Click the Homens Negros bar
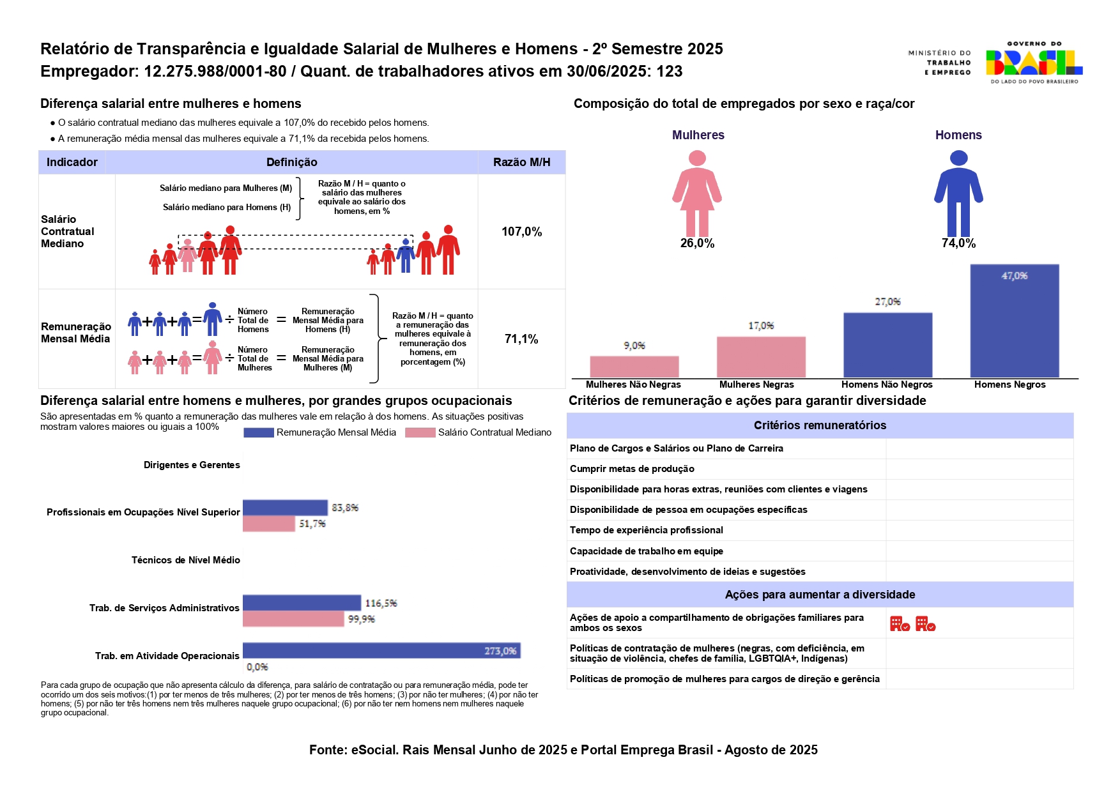point(1014,321)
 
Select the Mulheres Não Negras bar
point(634,367)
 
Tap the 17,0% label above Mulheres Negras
point(761,326)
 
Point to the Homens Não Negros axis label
point(887,385)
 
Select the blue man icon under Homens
point(958,193)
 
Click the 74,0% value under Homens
point(958,243)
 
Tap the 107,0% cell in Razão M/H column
point(521,232)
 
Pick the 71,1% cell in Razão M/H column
point(521,339)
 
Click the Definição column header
point(291,162)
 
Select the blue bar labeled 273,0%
point(381,650)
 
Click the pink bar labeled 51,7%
point(269,524)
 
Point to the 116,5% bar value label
point(381,603)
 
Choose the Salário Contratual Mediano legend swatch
point(420,433)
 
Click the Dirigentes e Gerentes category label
point(192,465)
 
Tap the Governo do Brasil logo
point(1034,63)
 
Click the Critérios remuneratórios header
point(820,425)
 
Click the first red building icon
point(900,624)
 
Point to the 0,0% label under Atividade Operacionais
point(257,667)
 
